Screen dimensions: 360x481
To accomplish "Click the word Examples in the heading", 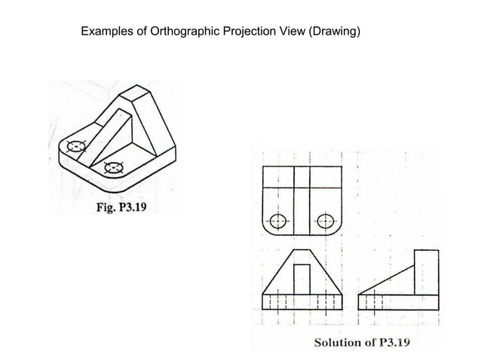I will tap(107, 32).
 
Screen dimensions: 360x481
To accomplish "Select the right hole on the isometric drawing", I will tap(114, 167).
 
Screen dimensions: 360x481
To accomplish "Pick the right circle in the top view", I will tap(326, 221).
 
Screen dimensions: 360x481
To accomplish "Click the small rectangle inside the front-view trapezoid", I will tap(302, 279).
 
